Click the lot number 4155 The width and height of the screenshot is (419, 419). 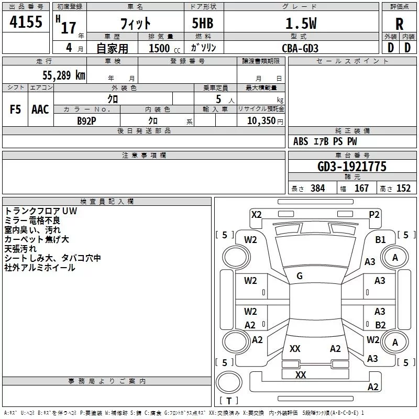[x=26, y=21]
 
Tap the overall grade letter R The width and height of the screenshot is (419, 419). [x=399, y=24]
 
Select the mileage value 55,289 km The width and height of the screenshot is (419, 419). [x=64, y=75]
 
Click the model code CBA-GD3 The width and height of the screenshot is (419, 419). [x=300, y=48]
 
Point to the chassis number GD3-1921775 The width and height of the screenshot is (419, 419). [x=352, y=167]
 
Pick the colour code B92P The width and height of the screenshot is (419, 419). [x=86, y=121]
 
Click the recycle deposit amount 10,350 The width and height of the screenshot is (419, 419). [x=261, y=120]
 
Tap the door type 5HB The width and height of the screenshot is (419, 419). [x=203, y=23]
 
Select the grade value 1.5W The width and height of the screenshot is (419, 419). [x=301, y=24]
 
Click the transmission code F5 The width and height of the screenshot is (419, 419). [x=15, y=109]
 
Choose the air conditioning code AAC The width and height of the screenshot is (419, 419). [x=40, y=109]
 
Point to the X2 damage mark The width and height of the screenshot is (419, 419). [x=257, y=215]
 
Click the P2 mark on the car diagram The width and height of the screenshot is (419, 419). [x=374, y=215]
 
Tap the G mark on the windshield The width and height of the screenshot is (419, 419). [x=300, y=276]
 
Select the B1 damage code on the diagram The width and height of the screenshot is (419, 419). [x=380, y=240]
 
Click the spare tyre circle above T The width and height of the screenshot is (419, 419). [x=229, y=382]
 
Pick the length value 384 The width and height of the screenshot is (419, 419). [x=318, y=188]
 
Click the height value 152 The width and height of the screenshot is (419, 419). [x=403, y=188]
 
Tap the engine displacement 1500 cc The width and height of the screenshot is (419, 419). [x=164, y=48]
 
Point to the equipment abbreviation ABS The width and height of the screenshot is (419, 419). [x=301, y=141]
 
